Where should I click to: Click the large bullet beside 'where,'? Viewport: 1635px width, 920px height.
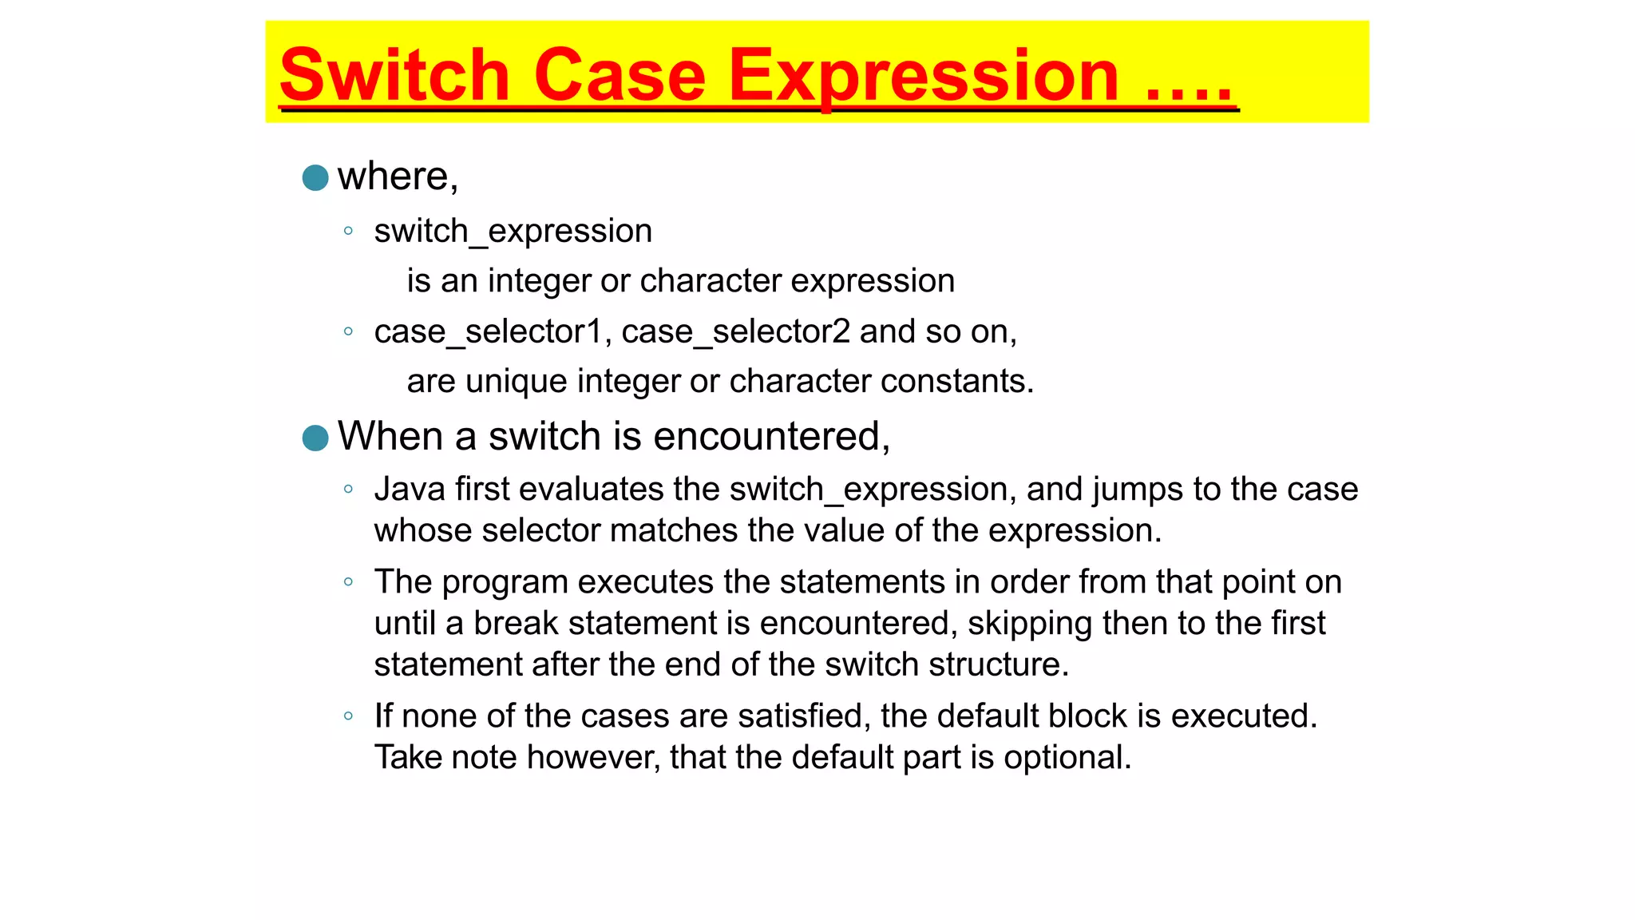click(x=315, y=177)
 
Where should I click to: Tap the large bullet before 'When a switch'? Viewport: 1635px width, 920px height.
click(x=315, y=438)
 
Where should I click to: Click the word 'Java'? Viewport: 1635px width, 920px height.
click(x=410, y=489)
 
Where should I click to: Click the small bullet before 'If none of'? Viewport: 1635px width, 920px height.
click(x=348, y=716)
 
